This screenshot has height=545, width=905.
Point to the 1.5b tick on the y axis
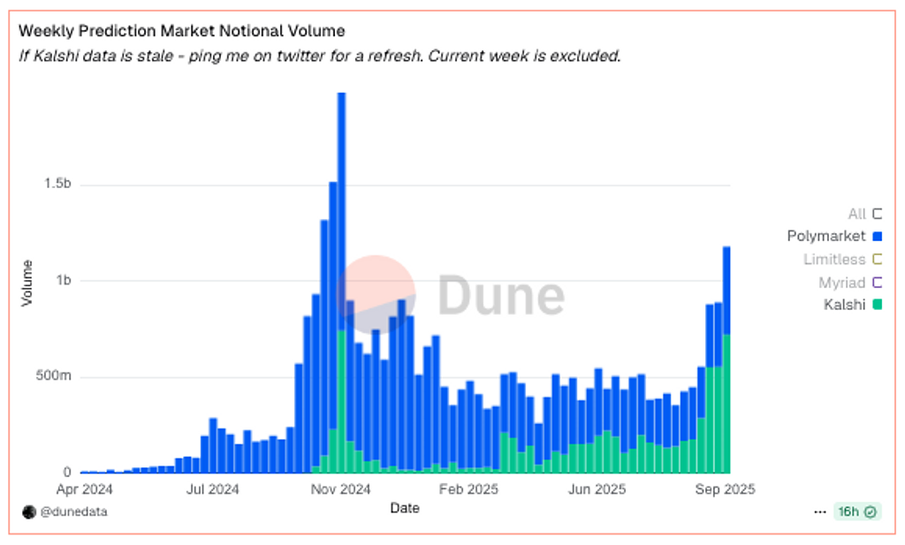[x=57, y=185]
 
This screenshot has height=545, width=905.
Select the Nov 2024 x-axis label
[x=342, y=488]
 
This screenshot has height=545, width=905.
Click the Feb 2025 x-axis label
[x=469, y=488]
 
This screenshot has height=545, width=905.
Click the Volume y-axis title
[x=27, y=283]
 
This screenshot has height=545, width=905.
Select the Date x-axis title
[x=405, y=508]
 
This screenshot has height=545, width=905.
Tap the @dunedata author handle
[x=73, y=511]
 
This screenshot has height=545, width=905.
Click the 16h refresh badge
[x=856, y=511]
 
